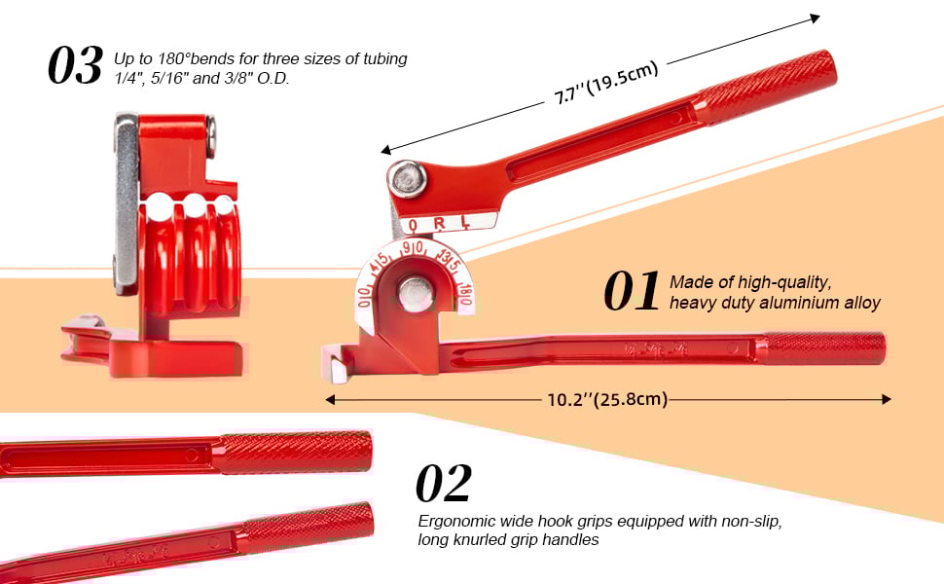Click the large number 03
tap(75, 66)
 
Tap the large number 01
tap(633, 292)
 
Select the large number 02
tap(444, 484)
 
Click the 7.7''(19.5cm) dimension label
tap(606, 83)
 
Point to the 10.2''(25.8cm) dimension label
tap(608, 399)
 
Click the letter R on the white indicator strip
tap(439, 224)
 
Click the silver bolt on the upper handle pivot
tap(407, 179)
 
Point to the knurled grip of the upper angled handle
tap(767, 87)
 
